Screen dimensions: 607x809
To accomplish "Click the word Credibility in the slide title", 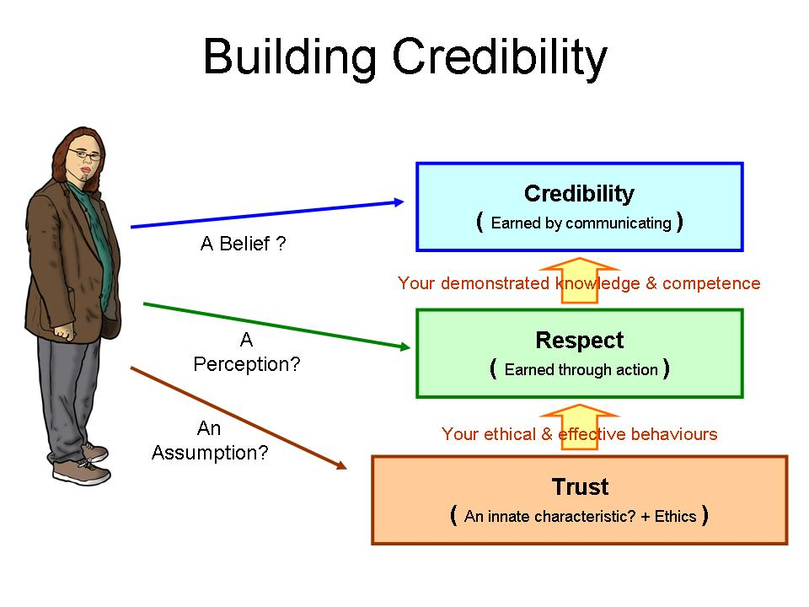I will click(501, 58).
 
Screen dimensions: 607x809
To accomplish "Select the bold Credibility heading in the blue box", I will click(579, 194).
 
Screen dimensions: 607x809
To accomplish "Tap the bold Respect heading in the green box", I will click(580, 341).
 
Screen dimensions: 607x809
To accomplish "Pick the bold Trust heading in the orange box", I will click(580, 487).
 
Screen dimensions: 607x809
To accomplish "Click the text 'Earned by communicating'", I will click(581, 223).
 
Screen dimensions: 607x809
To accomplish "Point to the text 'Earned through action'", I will click(581, 369).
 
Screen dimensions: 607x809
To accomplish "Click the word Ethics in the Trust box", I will click(676, 516).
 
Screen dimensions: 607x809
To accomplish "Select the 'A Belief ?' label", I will click(243, 244).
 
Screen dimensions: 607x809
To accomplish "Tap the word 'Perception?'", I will click(246, 365).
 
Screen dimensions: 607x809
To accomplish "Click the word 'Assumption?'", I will click(210, 453).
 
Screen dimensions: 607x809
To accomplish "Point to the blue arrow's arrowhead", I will click(400, 201).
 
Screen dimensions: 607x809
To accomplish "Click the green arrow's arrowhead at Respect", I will click(404, 346).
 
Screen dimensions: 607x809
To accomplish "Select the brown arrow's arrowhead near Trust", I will click(342, 465).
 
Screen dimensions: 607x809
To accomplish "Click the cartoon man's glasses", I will click(88, 155).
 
